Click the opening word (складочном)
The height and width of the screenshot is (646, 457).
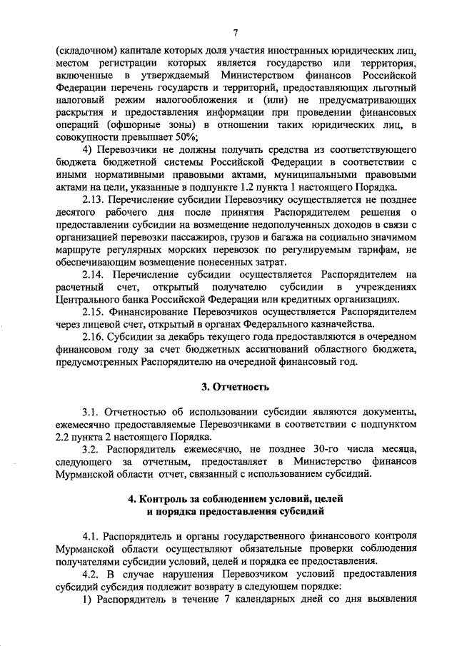pos(87,52)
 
